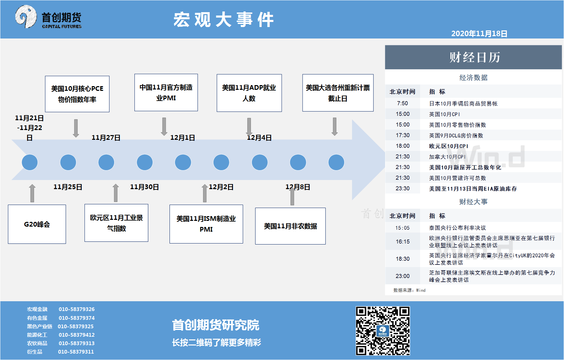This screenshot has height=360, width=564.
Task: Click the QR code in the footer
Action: (x=383, y=331)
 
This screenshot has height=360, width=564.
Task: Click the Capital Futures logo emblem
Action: (x=26, y=17)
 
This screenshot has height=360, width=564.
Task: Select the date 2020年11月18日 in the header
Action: (x=479, y=33)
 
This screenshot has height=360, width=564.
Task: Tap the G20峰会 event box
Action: (x=37, y=224)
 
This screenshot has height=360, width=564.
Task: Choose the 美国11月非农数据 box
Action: (x=290, y=226)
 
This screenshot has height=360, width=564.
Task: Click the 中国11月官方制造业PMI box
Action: (x=166, y=93)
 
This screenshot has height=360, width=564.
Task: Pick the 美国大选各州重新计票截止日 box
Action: (x=338, y=93)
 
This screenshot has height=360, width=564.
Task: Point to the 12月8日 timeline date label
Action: (x=298, y=187)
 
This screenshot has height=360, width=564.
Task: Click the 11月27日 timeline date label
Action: (x=106, y=137)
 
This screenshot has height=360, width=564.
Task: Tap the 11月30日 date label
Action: (x=144, y=187)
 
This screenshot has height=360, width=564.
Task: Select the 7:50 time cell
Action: (x=402, y=103)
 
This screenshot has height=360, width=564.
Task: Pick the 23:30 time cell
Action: (x=402, y=188)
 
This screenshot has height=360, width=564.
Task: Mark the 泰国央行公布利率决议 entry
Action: (x=457, y=228)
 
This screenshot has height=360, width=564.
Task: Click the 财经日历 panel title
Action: (x=475, y=57)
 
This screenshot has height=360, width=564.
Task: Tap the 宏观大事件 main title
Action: (x=224, y=19)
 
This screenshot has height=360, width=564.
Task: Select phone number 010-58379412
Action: (x=77, y=335)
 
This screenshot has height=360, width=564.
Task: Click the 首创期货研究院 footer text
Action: (x=215, y=325)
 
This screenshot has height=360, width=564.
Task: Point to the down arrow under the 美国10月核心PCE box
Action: (x=76, y=128)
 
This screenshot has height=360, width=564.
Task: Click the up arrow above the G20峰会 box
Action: (x=32, y=193)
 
